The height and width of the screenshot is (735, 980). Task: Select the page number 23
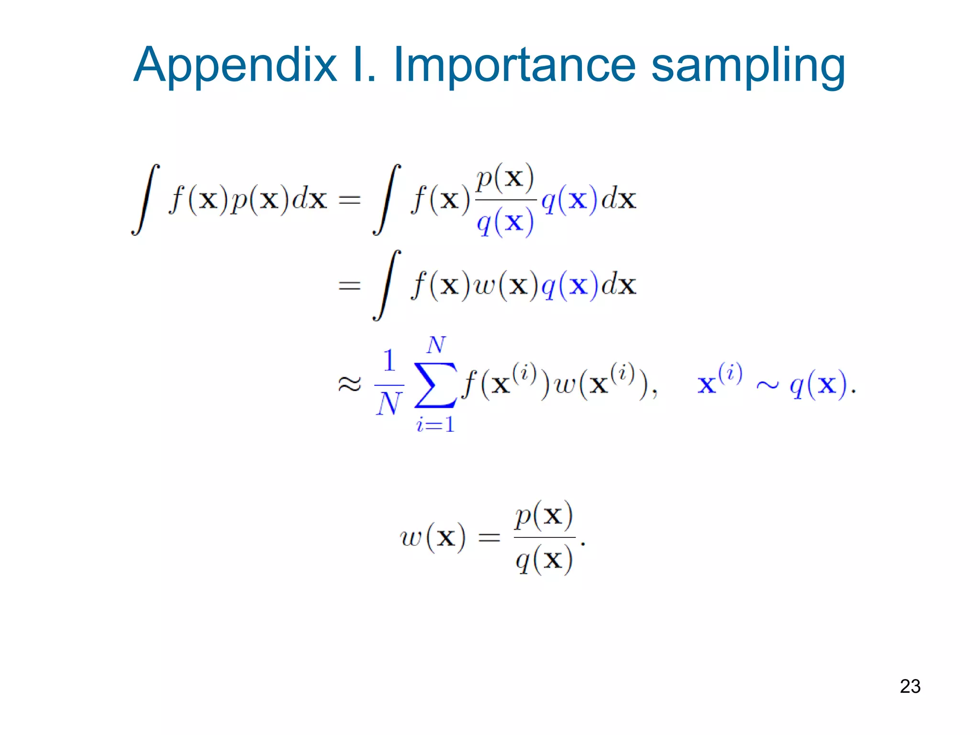tap(910, 686)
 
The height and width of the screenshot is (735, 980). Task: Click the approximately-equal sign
tap(349, 384)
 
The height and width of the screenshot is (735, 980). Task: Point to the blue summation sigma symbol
tap(435, 385)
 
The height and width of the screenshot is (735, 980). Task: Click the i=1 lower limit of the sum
tap(435, 424)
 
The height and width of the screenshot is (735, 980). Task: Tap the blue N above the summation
tap(436, 345)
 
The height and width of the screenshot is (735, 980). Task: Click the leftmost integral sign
tap(145, 200)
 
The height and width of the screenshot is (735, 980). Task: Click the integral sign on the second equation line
tap(387, 285)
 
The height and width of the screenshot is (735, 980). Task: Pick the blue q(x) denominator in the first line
tap(505, 223)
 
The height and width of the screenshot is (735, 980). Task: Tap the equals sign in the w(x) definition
tap(489, 538)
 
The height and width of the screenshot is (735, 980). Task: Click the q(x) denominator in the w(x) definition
tap(544, 560)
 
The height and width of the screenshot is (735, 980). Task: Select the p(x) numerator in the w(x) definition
tap(544, 516)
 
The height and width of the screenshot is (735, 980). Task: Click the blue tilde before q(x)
tap(767, 385)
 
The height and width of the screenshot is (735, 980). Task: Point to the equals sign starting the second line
tap(349, 286)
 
